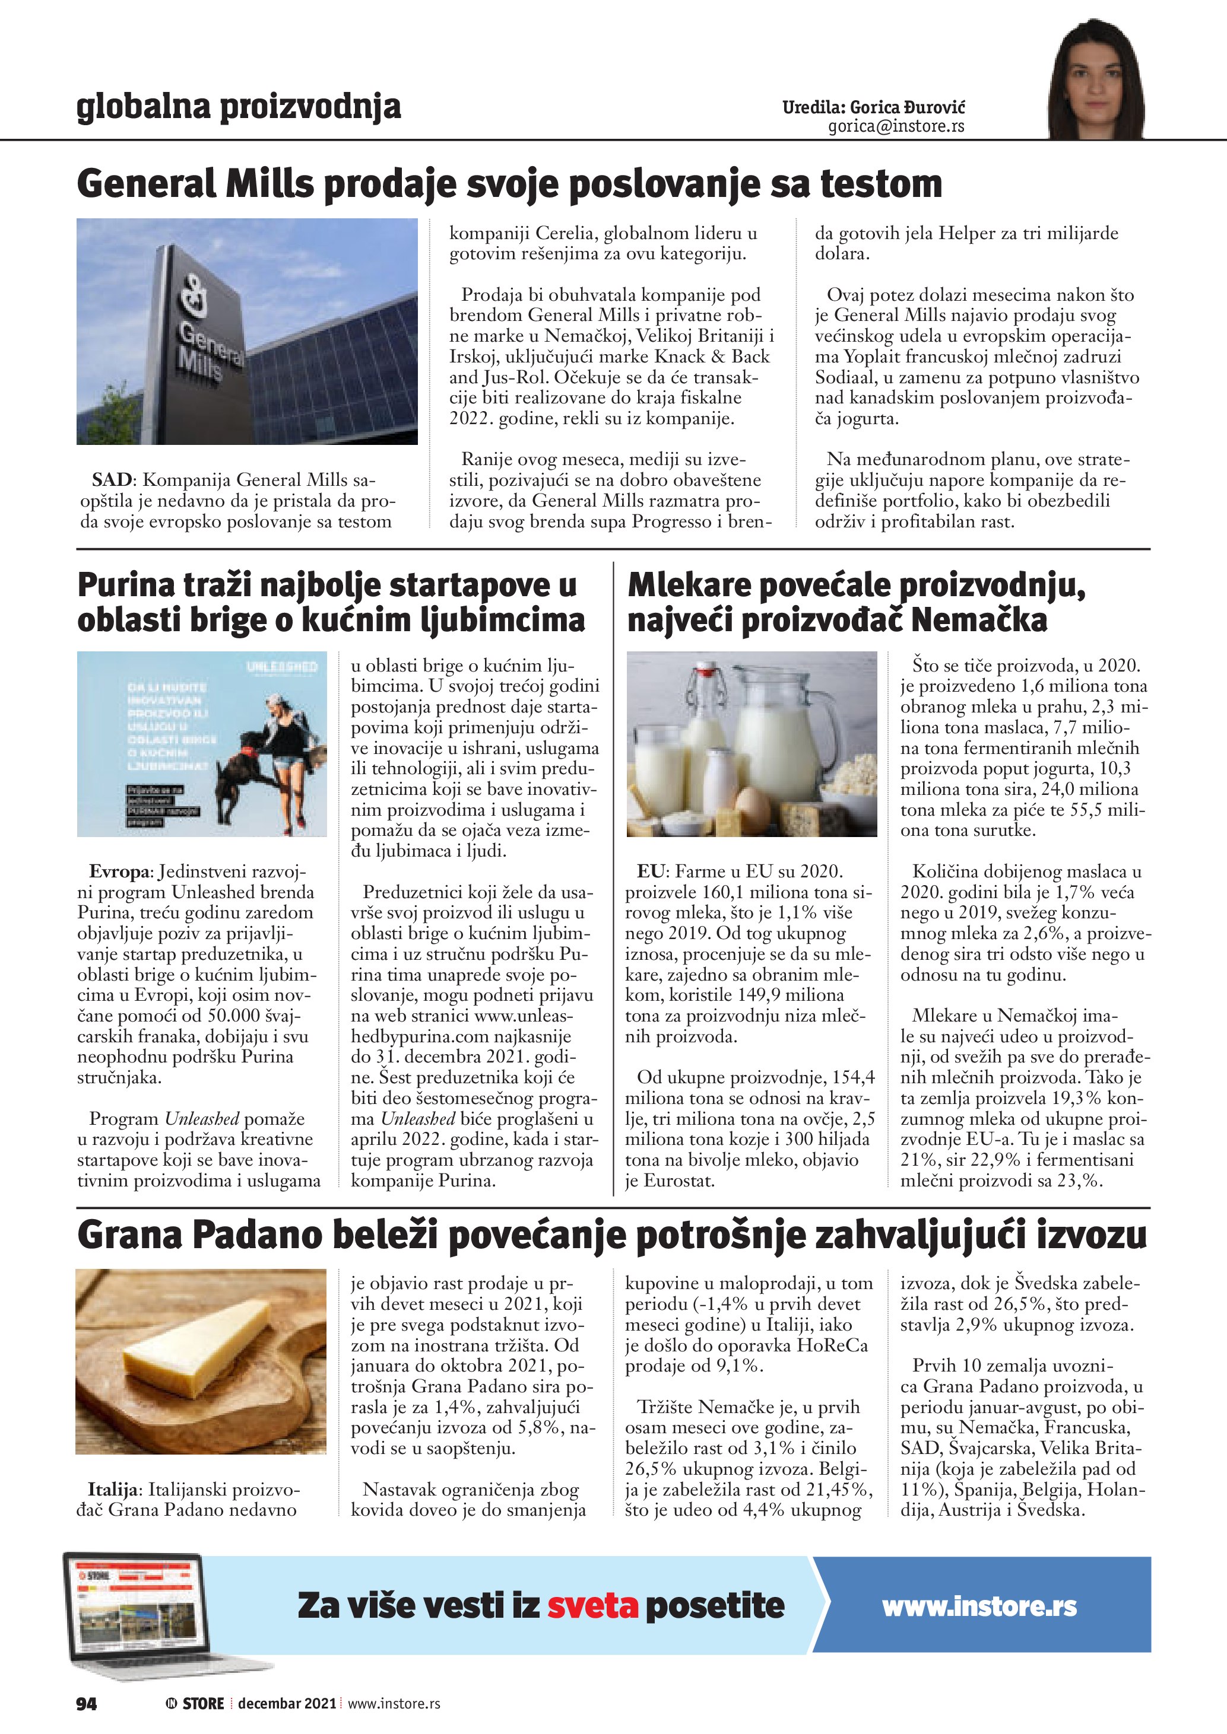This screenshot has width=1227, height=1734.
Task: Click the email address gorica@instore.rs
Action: click(x=896, y=127)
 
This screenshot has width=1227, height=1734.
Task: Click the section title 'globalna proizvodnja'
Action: click(x=239, y=107)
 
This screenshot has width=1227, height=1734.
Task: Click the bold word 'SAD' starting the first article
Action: click(x=112, y=481)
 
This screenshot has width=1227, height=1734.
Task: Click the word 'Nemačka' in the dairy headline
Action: click(x=979, y=621)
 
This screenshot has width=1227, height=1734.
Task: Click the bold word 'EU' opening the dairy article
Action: click(x=651, y=871)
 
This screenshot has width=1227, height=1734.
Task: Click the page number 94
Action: click(x=87, y=1703)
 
